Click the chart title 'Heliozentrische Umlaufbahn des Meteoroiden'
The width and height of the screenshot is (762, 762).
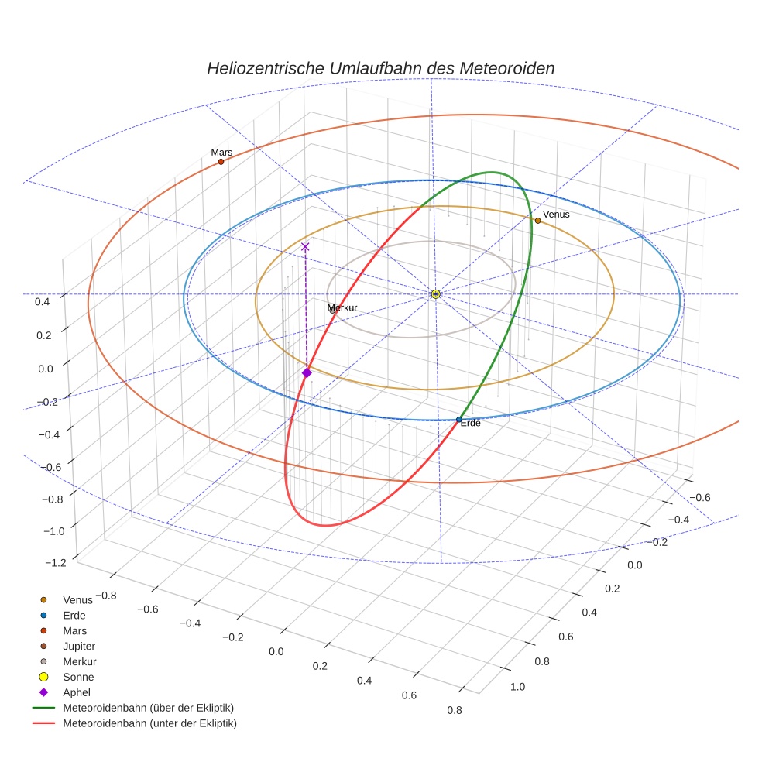coord(380,68)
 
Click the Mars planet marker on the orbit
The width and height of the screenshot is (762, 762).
coord(221,162)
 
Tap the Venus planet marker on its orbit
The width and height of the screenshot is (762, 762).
coord(537,221)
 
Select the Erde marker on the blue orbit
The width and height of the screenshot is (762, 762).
coord(459,420)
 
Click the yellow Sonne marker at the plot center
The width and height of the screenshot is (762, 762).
coord(435,293)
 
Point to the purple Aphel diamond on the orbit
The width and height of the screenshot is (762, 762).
coord(307,372)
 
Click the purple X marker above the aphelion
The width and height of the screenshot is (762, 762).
coord(305,246)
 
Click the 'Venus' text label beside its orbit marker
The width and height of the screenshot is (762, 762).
coord(556,214)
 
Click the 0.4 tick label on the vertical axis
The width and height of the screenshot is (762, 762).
coord(43,301)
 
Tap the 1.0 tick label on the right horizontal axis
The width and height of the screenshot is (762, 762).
coord(517,686)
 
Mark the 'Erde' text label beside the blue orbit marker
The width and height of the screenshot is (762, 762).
coord(471,424)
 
